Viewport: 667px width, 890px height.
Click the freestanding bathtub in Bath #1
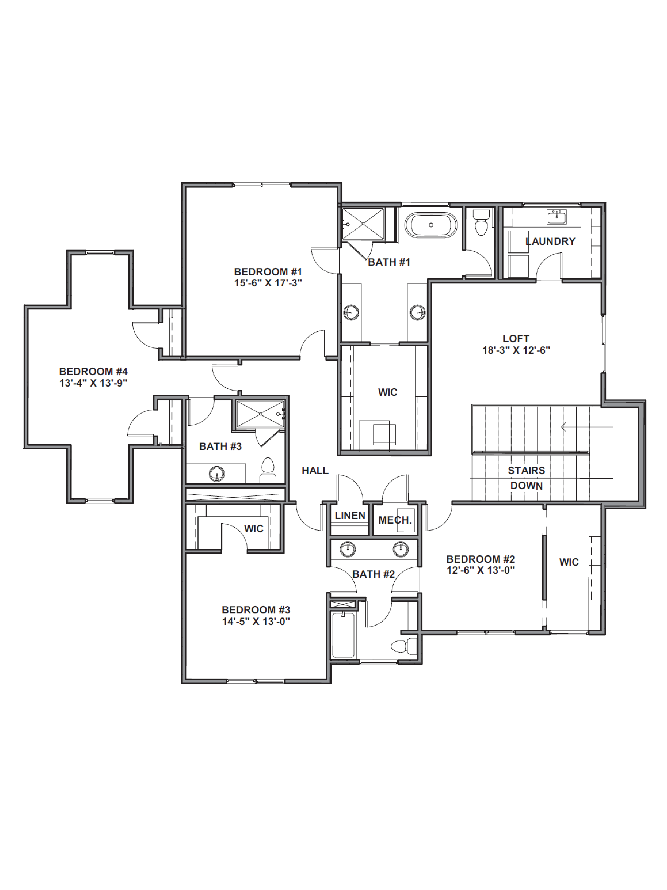(431, 225)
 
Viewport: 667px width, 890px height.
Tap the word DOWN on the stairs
(526, 486)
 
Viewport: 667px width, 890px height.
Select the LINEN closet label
(350, 515)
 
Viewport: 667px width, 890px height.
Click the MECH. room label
(395, 520)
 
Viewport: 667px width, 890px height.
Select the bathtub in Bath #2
(343, 635)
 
